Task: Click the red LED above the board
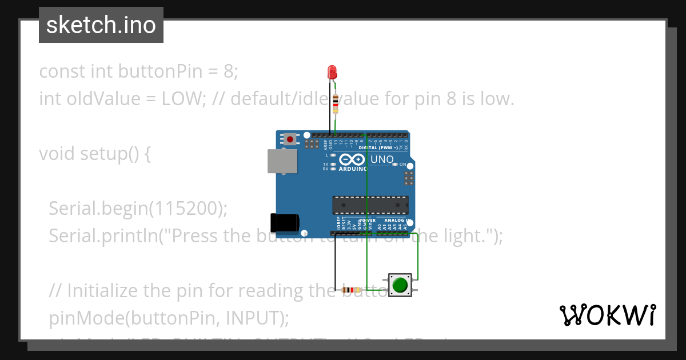(332, 72)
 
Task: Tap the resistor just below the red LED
(335, 104)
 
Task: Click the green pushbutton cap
(400, 285)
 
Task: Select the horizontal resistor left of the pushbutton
(351, 290)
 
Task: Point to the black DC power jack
(284, 222)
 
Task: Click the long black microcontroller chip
(370, 205)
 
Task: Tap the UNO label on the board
(382, 159)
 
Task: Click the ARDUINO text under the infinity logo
(353, 169)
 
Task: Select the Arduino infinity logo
(352, 159)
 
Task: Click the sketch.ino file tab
(101, 25)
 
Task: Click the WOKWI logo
(607, 315)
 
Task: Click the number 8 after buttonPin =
(228, 71)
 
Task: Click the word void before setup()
(57, 154)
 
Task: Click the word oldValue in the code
(97, 99)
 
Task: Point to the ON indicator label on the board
(402, 164)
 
